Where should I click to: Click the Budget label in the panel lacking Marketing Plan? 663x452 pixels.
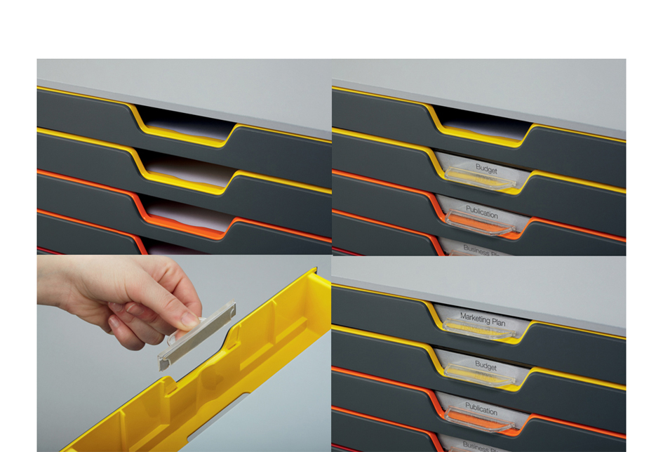[485, 170]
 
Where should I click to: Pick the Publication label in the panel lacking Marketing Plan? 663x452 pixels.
[481, 213]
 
